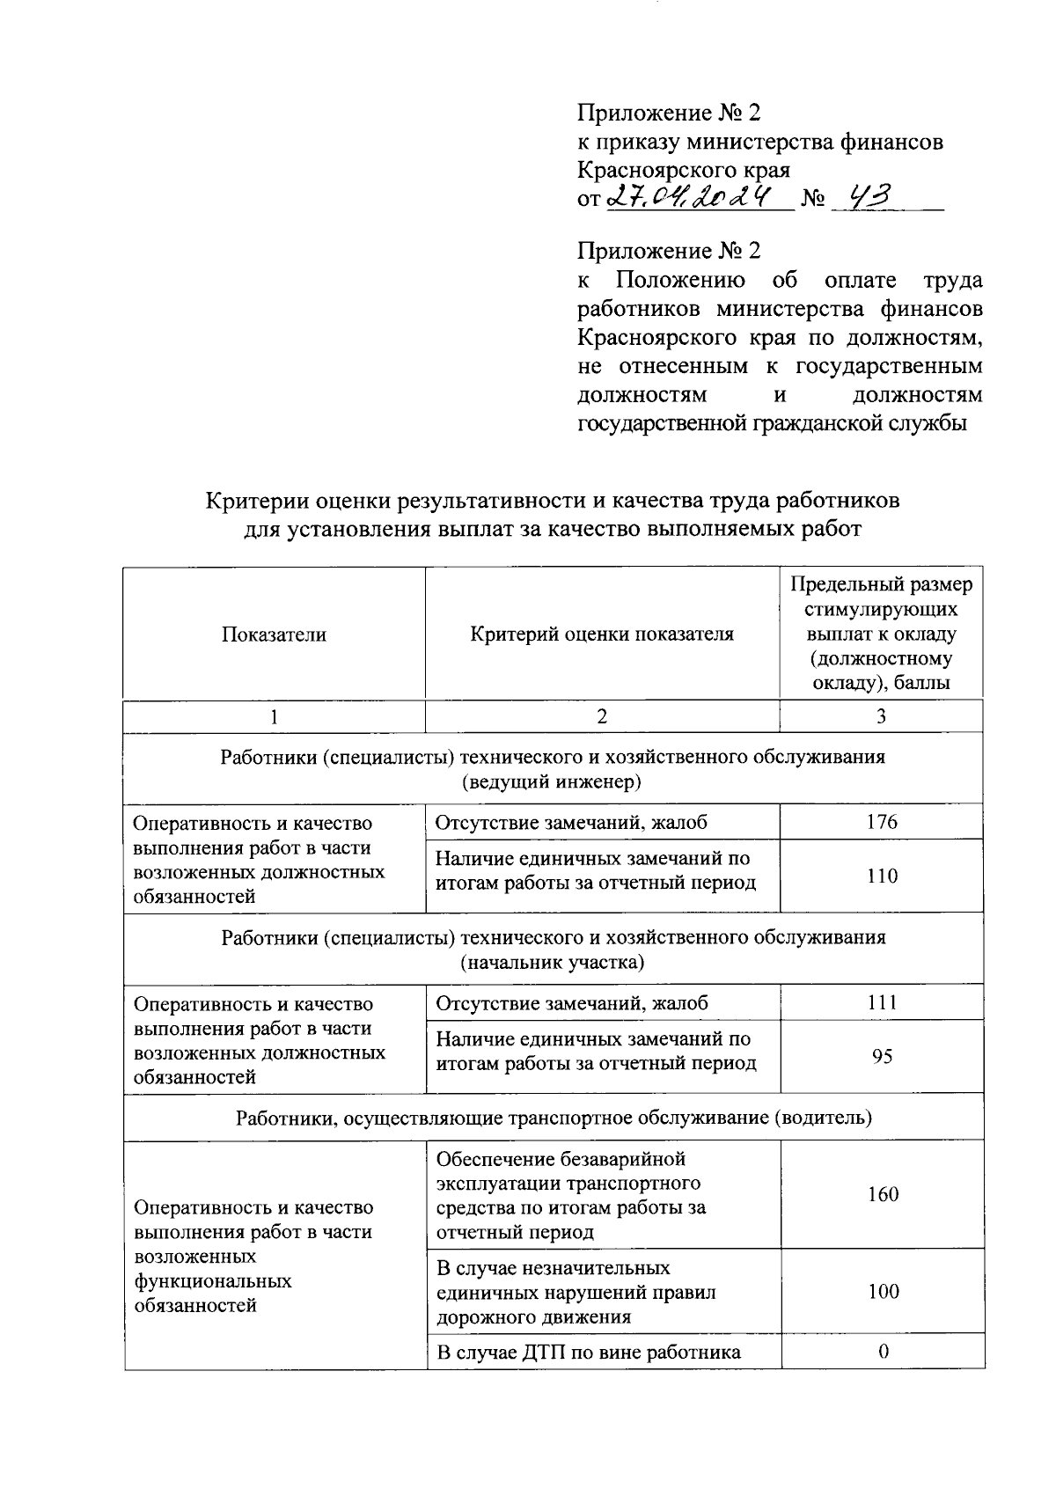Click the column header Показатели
point(274,634)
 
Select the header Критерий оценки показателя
point(602,634)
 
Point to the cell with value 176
point(881,822)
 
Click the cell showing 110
point(881,876)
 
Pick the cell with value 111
point(881,1002)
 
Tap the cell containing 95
point(882,1056)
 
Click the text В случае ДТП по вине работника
point(588,1353)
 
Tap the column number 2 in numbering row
point(602,716)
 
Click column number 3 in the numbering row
point(881,716)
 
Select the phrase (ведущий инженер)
point(552,781)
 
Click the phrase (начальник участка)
point(552,962)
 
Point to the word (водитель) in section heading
point(822,1118)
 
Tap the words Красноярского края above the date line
point(683,170)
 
